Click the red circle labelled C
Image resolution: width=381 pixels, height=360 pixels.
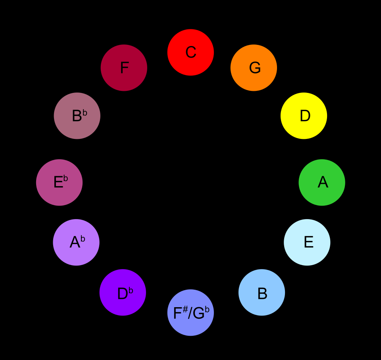(190, 52)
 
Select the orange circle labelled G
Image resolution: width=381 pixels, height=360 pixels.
(254, 67)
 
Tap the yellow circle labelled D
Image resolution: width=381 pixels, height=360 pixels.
(304, 116)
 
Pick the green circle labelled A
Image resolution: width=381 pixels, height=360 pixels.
(322, 182)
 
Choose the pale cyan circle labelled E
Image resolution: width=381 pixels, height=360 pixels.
(307, 242)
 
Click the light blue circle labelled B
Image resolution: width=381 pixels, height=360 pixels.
(262, 292)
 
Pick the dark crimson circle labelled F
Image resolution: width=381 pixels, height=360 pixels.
(124, 67)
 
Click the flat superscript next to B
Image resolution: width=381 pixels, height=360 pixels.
(85, 113)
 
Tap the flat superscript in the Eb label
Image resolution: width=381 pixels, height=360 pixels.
(65, 179)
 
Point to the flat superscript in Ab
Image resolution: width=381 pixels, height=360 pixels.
(83, 239)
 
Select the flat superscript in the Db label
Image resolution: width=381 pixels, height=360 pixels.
(131, 291)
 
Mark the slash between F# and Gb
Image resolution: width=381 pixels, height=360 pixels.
(190, 314)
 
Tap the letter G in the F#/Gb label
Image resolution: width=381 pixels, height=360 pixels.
(198, 314)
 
